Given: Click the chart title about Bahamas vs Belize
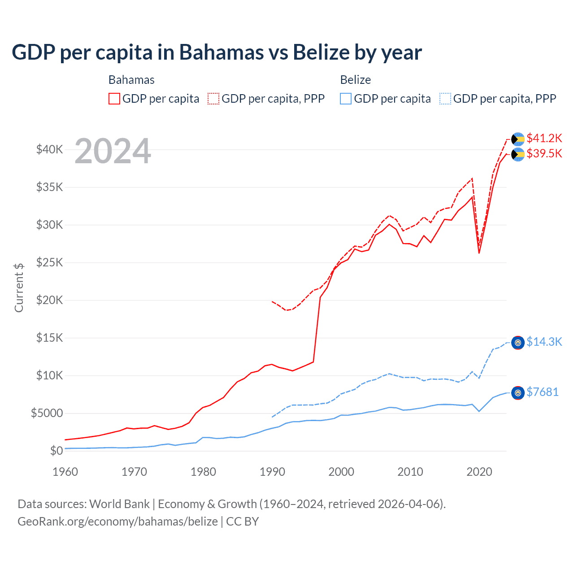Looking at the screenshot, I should coord(217,52).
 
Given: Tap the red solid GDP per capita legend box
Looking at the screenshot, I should coord(114,99).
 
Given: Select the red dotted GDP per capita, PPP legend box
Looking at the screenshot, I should coord(213,99).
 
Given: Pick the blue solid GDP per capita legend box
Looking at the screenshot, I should coord(346,99).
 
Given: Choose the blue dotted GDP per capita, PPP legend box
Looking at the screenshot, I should coord(445,99).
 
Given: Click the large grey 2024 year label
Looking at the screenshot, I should coord(113,151).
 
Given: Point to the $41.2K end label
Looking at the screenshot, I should coord(544,138).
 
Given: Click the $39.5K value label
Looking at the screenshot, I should coord(544,153).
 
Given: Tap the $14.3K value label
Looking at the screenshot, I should coord(544,342).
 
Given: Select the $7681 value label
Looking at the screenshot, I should coord(542,392).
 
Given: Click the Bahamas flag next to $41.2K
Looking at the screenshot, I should coord(518,139).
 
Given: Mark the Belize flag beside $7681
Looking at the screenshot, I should coord(518,393).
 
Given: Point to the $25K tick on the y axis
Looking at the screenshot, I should coord(49,262).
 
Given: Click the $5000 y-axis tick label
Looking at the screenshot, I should coord(47,413).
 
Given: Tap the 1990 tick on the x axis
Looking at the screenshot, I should coord(272,472).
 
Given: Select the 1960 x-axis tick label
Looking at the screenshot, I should coord(65,472).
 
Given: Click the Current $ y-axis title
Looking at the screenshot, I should coord(19,287).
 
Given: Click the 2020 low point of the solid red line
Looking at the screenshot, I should coord(479,253).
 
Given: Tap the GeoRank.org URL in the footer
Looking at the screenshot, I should coord(117,522).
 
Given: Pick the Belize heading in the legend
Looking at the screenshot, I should coord(355,80).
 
